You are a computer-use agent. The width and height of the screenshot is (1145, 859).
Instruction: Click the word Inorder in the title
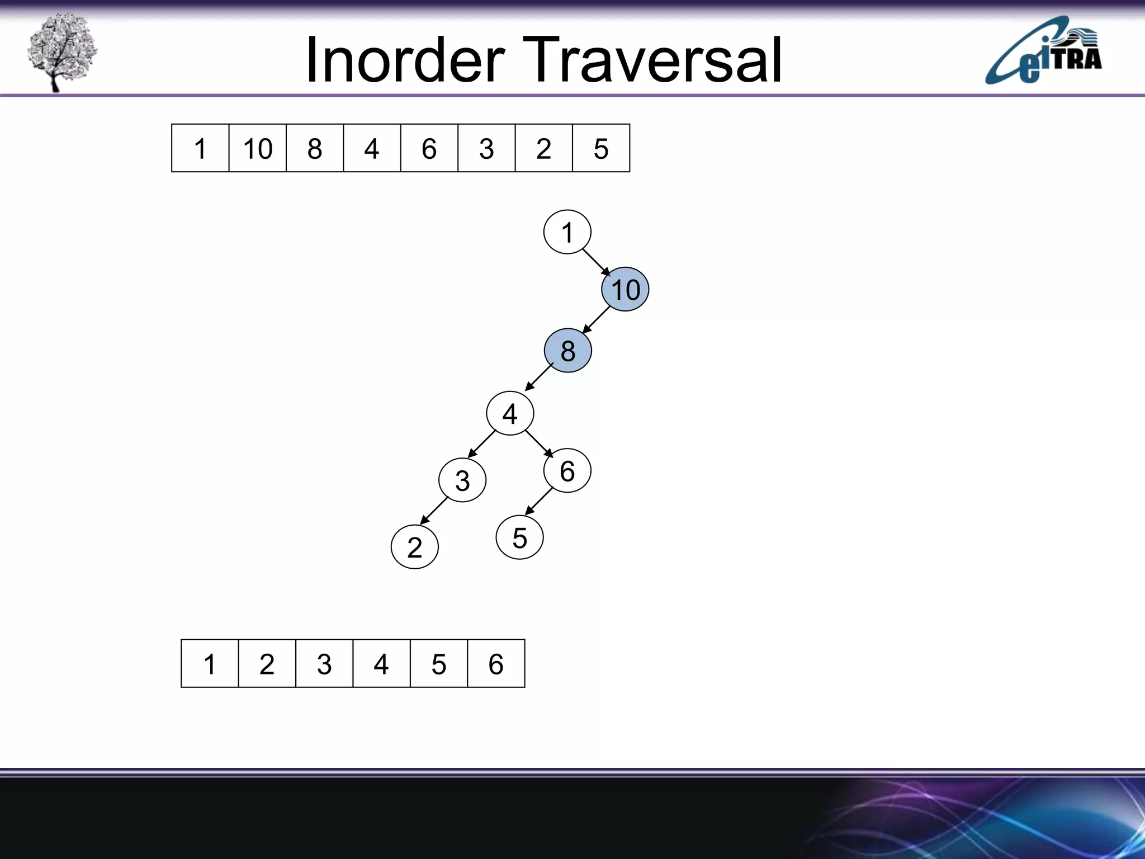(405, 60)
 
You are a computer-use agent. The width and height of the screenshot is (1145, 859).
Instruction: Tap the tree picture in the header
(61, 52)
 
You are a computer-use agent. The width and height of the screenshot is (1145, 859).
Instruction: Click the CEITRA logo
(1043, 51)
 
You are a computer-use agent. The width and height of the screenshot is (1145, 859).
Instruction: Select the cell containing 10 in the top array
(257, 148)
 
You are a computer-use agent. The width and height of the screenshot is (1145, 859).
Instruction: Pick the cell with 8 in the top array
(315, 148)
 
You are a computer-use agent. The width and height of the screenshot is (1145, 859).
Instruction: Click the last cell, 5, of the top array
(601, 148)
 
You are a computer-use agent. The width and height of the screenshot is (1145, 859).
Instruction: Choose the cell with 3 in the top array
(486, 148)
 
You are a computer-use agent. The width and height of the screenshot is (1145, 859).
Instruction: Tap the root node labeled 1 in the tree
(567, 232)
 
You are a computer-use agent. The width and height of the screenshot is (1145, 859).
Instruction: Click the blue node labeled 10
(625, 290)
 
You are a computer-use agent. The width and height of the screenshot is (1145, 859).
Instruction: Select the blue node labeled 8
(567, 351)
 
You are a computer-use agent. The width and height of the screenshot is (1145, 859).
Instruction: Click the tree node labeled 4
(510, 413)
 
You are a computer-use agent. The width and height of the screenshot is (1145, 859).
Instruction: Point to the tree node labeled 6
(567, 470)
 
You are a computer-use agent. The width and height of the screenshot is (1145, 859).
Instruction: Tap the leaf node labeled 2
(414, 547)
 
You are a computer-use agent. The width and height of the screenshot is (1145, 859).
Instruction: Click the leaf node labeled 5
(519, 537)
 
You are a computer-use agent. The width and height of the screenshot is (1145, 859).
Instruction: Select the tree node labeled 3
(462, 480)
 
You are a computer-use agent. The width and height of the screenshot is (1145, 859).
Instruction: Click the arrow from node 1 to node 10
(596, 262)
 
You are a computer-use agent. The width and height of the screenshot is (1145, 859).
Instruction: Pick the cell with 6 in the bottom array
(496, 664)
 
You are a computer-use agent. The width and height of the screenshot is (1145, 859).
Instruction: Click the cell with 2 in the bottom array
(267, 664)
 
